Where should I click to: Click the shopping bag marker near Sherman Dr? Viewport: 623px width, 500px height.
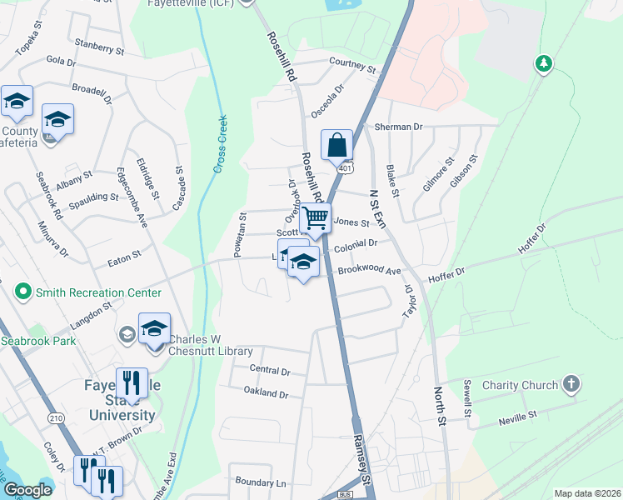pyautogui.click(x=335, y=144)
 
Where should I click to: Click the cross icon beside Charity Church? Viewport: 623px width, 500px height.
pyautogui.click(x=571, y=384)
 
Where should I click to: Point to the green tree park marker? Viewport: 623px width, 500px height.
pyautogui.click(x=543, y=63)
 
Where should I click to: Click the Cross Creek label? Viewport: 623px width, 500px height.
pyautogui.click(x=221, y=144)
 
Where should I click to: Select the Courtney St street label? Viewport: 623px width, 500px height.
pyautogui.click(x=352, y=62)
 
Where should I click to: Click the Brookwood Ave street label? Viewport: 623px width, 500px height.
pyautogui.click(x=370, y=272)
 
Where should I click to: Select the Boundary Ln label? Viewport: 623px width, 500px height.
pyautogui.click(x=260, y=482)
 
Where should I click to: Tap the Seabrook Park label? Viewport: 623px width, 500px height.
pyautogui.click(x=38, y=341)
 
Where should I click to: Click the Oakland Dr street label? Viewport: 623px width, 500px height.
pyautogui.click(x=266, y=392)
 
